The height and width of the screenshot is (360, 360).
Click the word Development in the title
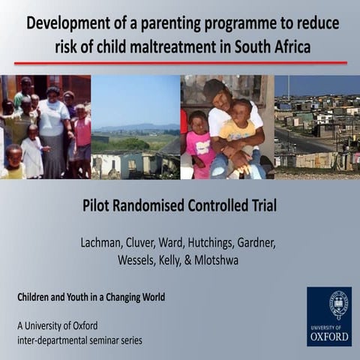[70, 22]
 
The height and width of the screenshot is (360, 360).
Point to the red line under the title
[180, 62]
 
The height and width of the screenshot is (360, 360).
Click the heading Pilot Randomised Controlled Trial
[180, 205]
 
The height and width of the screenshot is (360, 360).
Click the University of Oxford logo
[328, 315]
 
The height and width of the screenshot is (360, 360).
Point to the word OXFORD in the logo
[328, 337]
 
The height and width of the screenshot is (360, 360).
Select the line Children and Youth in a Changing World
[91, 297]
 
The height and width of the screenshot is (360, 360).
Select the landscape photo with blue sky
[135, 127]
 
